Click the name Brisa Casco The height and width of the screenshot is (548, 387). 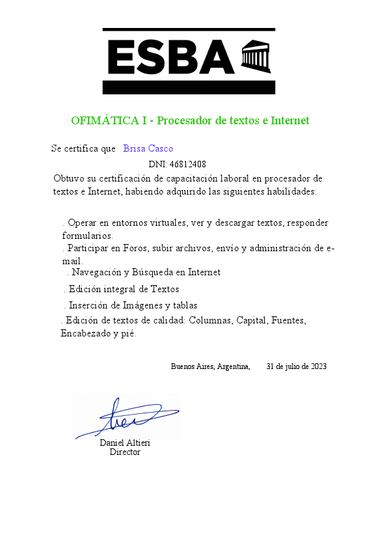point(148,148)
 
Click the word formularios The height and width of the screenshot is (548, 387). point(88,236)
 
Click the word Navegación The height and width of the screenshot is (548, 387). point(97,272)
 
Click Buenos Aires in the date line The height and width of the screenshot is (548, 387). point(193,366)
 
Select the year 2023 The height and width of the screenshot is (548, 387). point(319,366)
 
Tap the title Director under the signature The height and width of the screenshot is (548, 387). point(125,452)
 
